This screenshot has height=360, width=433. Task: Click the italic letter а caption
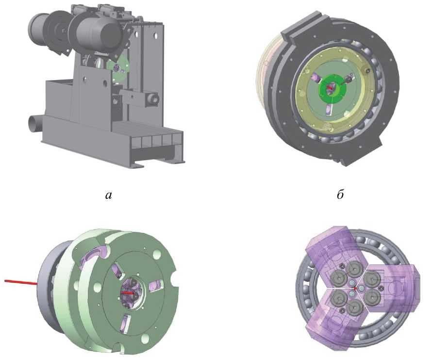[109, 196]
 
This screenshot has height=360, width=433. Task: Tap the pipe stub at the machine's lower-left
[35, 124]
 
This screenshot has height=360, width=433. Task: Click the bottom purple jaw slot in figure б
[329, 110]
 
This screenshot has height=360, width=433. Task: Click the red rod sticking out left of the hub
[21, 282]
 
